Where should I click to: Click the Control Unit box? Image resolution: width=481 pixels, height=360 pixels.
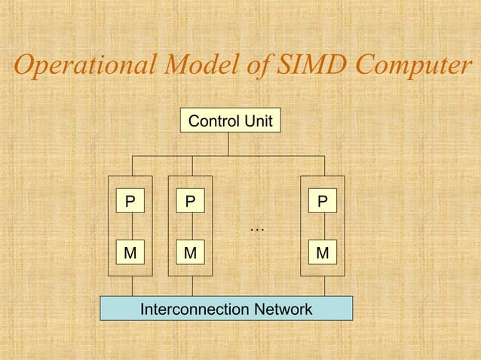click(x=230, y=121)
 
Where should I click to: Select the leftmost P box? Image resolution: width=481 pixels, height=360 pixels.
click(x=130, y=202)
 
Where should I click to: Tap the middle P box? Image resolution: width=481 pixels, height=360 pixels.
click(x=190, y=202)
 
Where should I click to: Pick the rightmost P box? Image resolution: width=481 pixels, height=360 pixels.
click(x=323, y=202)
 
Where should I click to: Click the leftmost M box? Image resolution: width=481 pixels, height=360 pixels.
click(x=130, y=253)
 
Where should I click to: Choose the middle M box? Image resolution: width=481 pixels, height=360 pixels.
click(x=190, y=253)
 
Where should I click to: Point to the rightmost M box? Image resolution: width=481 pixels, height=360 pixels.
click(x=323, y=253)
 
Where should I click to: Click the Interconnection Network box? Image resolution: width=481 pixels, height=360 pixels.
click(x=226, y=309)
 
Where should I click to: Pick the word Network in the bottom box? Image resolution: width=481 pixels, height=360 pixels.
click(x=283, y=309)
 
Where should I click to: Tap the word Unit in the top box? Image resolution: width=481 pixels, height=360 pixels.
click(x=259, y=121)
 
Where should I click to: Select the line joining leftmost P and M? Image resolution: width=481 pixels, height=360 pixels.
click(x=130, y=227)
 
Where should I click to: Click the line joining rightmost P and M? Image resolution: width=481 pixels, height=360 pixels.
click(x=323, y=227)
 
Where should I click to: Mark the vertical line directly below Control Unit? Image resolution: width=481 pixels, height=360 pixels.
click(x=229, y=144)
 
